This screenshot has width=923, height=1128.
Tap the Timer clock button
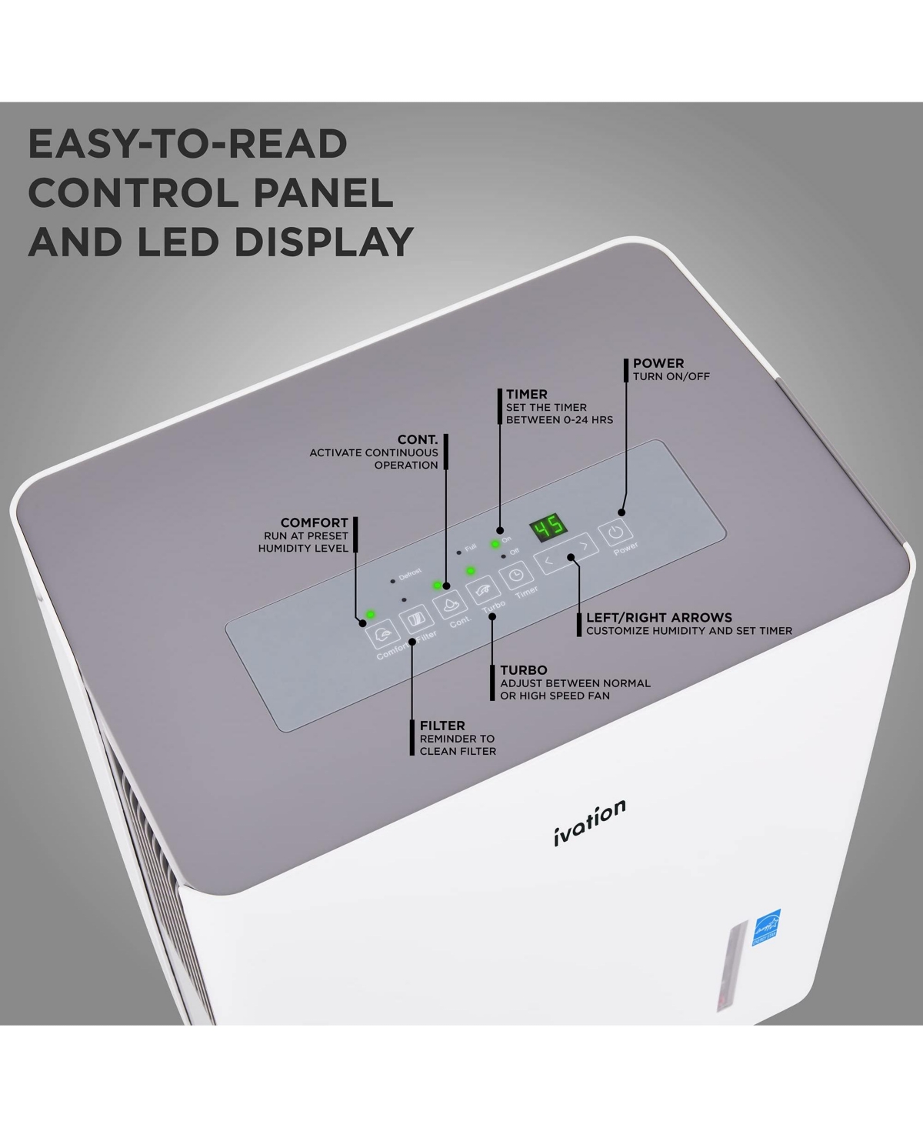point(516,575)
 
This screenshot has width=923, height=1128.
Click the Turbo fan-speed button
point(481,590)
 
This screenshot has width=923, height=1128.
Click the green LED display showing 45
point(548,528)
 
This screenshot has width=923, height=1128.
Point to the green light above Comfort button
point(370,614)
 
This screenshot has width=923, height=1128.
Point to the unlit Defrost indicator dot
point(392,581)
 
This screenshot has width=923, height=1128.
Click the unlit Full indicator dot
point(458,552)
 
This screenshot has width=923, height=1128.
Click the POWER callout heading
point(658,363)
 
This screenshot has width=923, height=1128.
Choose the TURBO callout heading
point(523,670)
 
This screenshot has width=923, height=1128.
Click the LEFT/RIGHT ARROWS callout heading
point(658,617)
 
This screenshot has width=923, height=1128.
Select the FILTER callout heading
point(442,726)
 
